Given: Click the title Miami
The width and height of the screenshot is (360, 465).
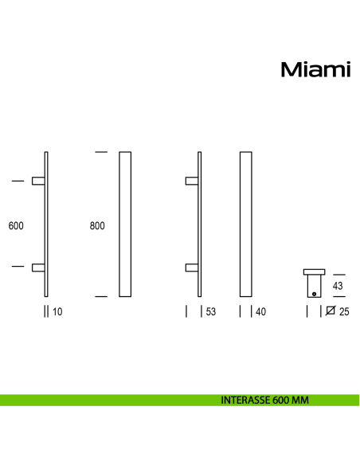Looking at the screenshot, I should tap(315, 70).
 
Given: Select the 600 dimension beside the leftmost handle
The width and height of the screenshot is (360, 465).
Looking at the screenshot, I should tap(16, 225).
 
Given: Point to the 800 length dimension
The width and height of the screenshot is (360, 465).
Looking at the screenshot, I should tap(97, 225).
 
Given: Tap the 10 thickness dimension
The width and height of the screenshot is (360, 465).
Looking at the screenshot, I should tap(57, 312).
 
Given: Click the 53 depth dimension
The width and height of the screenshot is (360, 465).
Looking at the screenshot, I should tap(210, 312).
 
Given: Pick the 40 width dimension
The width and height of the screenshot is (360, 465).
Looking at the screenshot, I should tap(260, 312).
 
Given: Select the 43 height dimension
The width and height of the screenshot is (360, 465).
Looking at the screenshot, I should tap(337, 285).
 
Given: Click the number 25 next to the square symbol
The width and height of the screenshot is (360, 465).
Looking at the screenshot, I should tap(344, 312).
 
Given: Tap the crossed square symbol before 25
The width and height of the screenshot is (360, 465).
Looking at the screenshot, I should tap(331, 312).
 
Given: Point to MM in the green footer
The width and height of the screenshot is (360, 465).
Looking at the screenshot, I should tap(300, 401).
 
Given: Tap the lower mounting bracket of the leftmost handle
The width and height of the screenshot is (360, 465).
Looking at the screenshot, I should tap(38, 268).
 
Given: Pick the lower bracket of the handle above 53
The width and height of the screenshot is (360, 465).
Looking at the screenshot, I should tap(192, 268).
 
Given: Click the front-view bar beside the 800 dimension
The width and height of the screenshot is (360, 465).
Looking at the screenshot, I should tap(124, 224).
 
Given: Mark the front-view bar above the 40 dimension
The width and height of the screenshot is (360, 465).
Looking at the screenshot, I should tap(246, 224).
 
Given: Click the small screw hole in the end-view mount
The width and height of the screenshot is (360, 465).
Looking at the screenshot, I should tap(315, 294).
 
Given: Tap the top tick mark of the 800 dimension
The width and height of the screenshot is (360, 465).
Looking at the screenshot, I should tap(100, 151).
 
